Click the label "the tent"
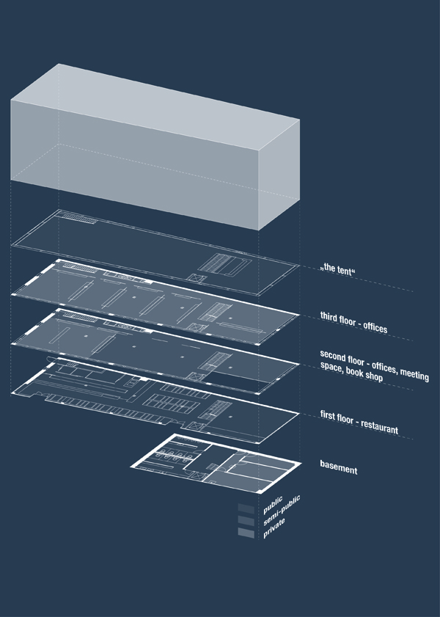338,269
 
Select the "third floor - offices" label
353,322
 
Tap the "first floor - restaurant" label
359,422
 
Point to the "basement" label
339,467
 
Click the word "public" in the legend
273,505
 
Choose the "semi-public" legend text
282,511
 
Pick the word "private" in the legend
274,528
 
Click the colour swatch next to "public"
246,508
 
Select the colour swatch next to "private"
246,533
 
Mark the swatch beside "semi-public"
246,520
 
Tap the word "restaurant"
379,426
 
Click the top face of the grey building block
155,106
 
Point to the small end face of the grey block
279,175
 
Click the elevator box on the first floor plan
197,426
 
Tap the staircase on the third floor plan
215,312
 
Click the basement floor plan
216,464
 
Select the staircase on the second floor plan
215,361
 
